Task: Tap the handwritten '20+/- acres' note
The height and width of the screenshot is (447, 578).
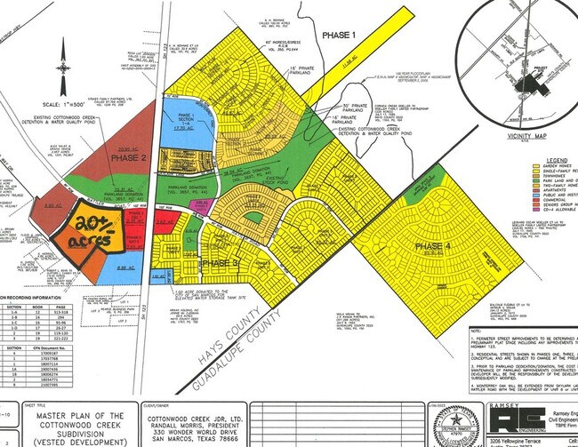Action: (x=92, y=230)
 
